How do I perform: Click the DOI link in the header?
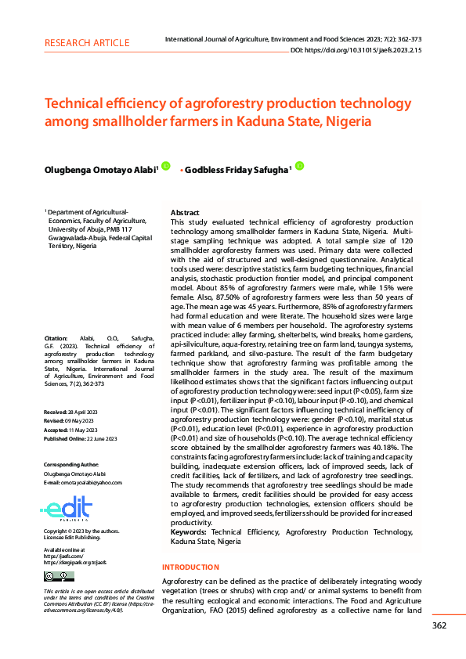[357, 50]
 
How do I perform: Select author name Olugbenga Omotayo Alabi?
[100, 169]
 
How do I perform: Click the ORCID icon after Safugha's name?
[299, 166]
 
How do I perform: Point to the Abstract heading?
[185, 213]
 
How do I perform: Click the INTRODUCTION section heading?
[190, 567]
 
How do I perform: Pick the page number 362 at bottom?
[439, 625]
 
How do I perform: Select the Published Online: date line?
[81, 439]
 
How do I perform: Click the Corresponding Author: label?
[71, 465]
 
